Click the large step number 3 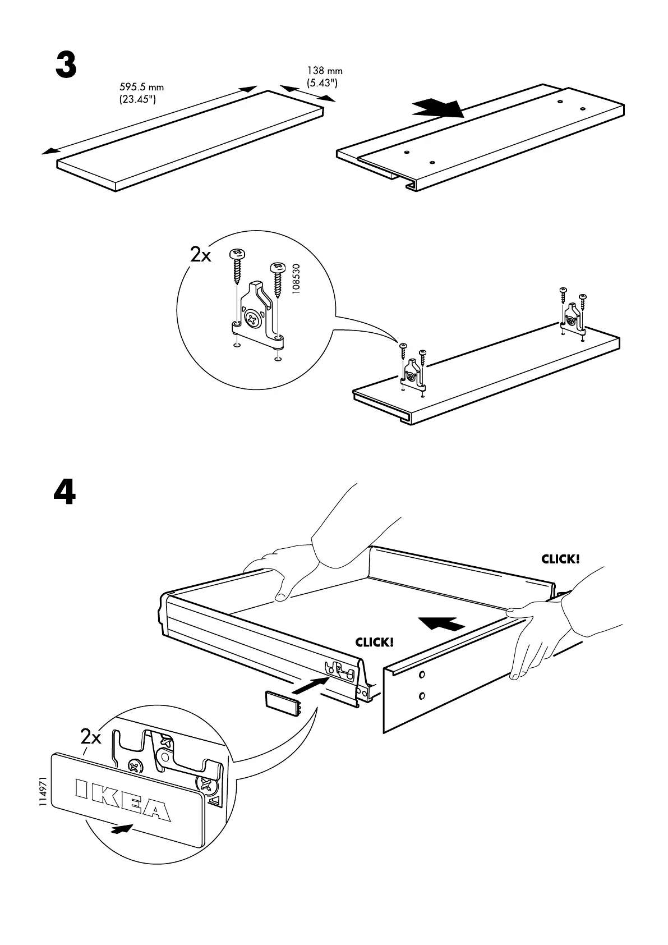click(66, 66)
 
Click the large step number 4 click(65, 493)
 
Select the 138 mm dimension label click(324, 77)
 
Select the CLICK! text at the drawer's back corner click(560, 559)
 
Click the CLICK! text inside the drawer click(374, 643)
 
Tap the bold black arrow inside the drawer click(441, 623)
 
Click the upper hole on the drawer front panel click(422, 673)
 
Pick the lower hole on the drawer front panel click(421, 696)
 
